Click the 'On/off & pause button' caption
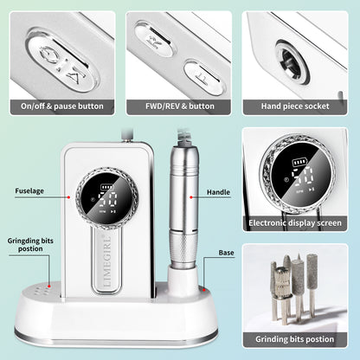tap(62, 106)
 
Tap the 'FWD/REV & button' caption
tap(179, 106)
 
